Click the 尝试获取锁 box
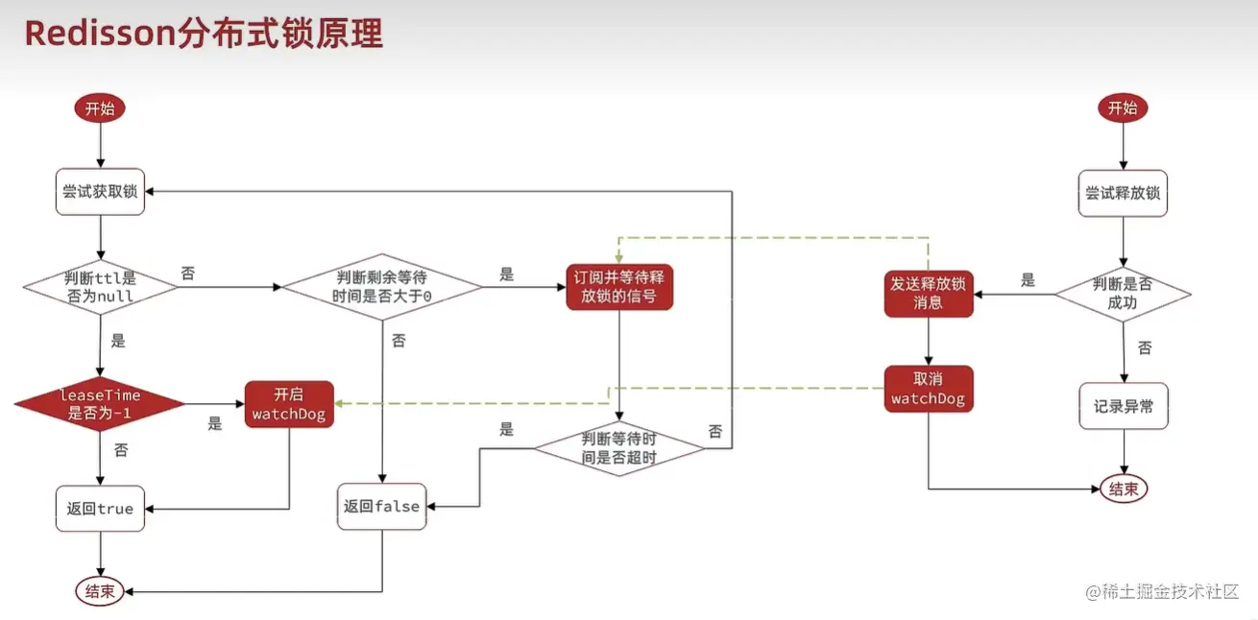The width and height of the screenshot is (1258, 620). click(100, 191)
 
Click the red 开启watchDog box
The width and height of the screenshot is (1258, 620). click(289, 404)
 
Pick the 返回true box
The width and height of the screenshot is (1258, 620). click(100, 508)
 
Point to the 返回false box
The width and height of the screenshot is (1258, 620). click(383, 506)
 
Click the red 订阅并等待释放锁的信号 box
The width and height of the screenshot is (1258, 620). click(619, 287)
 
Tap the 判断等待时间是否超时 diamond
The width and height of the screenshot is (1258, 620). click(619, 447)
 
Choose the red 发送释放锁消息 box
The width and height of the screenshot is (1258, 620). click(928, 293)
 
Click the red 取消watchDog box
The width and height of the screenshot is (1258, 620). click(928, 389)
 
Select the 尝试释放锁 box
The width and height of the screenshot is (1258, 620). click(1123, 193)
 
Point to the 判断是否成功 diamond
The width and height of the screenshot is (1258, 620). click(1123, 293)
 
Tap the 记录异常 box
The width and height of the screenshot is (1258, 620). click(1123, 406)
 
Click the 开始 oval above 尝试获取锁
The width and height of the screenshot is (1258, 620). click(100, 108)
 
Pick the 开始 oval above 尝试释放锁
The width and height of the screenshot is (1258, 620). click(1123, 108)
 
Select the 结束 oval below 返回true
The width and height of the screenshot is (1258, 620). click(100, 591)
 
